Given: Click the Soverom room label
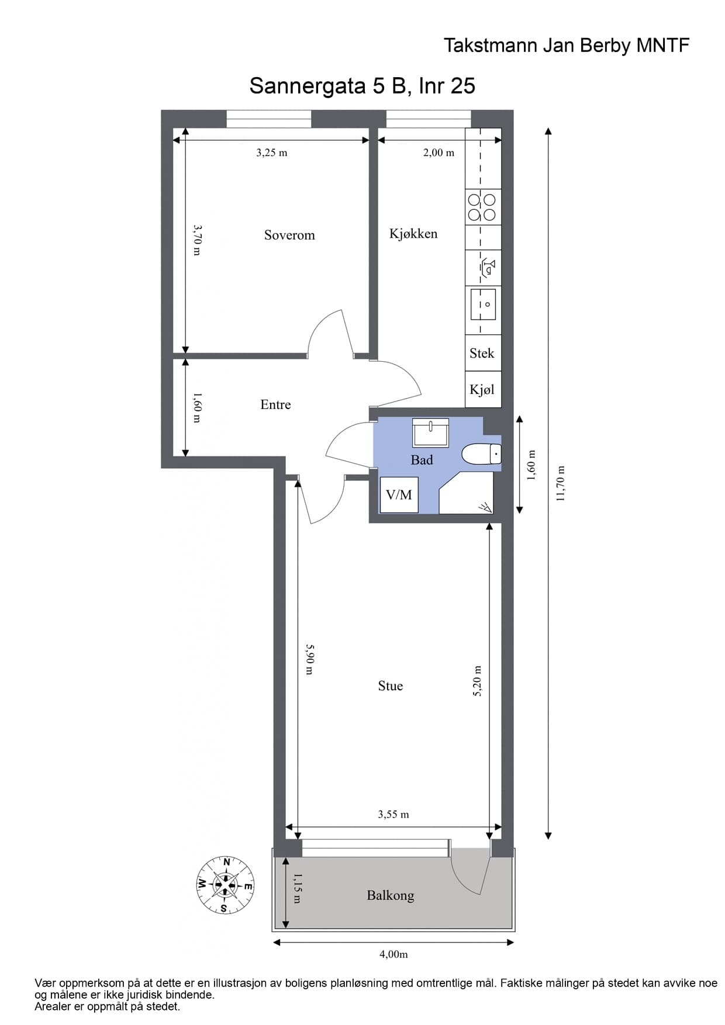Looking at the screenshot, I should coord(289,235).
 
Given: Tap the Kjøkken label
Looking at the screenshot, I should coord(413,234).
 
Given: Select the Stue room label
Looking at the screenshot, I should coord(390,685).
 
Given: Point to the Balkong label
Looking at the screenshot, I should coord(390,895).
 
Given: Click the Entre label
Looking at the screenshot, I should coord(275,404).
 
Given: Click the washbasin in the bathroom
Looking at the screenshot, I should coord(430,432).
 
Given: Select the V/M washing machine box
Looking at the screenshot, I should coord(399,495).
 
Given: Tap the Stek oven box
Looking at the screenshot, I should coord(482,353).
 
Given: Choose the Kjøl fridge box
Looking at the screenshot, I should coord(482,390).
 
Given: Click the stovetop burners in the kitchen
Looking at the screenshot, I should coord(482,207).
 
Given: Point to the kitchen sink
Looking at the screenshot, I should coord(483,304).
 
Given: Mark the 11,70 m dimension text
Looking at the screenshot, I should coord(561,484).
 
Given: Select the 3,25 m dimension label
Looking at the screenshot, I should coord(272,153).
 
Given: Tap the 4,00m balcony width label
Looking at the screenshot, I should coord(393,954).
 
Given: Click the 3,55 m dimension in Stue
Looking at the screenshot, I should coord(393,814).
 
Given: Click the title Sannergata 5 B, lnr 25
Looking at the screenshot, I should coord(362,86).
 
